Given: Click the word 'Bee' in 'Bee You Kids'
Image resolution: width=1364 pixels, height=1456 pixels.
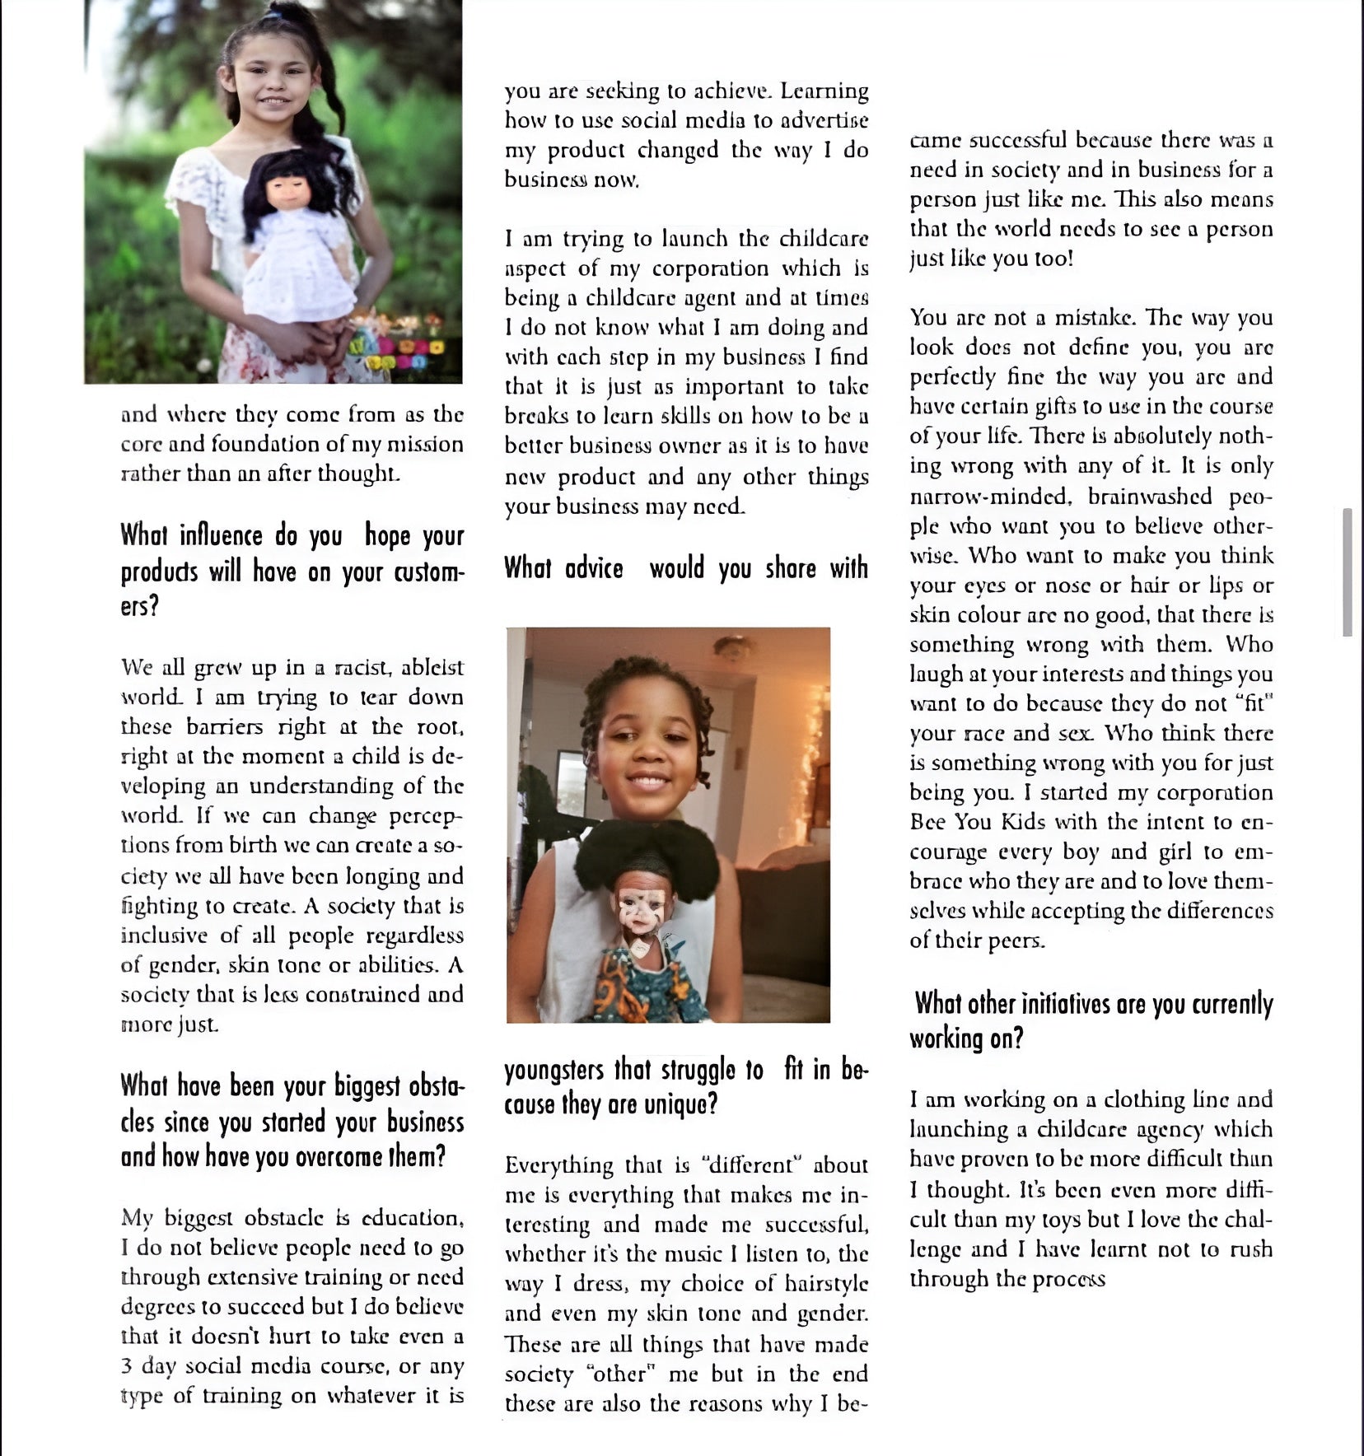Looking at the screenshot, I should (927, 822).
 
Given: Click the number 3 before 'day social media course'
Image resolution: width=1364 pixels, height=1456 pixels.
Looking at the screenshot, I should (126, 1366).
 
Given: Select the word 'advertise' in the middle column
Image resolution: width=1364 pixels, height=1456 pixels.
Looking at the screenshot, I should (824, 120).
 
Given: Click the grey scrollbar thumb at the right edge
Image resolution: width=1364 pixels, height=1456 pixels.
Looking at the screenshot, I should (1347, 572).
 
